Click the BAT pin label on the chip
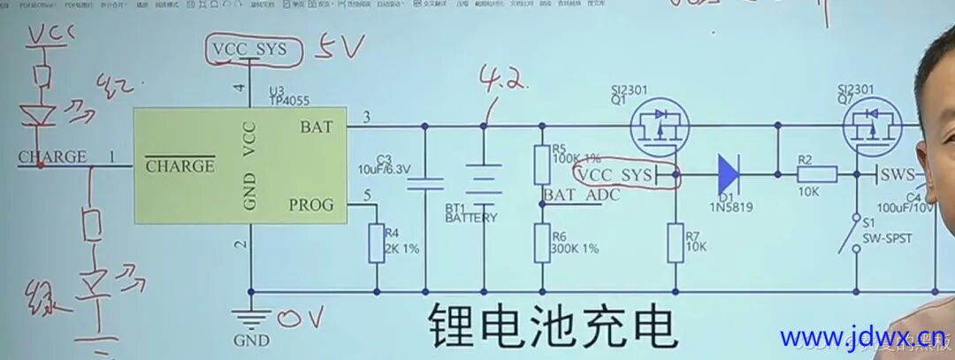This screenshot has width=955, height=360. (317, 127)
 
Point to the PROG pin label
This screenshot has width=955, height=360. (310, 205)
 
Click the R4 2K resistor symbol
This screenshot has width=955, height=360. (378, 243)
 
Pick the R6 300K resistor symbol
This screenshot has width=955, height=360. (542, 243)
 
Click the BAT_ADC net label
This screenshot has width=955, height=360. (582, 195)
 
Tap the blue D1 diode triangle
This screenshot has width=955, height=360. (729, 175)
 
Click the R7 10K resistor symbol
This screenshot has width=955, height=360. (676, 243)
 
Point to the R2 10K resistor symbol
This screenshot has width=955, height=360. (815, 175)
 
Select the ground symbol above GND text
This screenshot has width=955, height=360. (251, 316)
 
